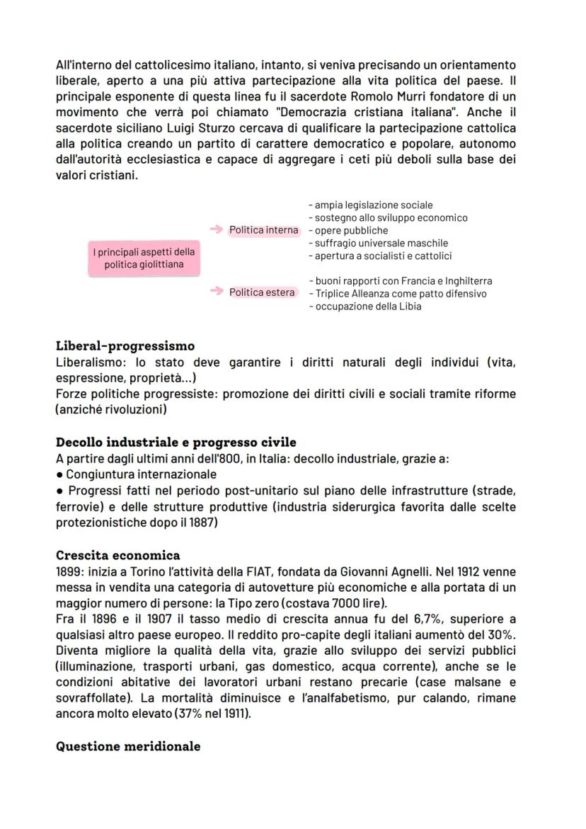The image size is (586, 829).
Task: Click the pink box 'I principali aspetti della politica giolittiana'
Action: tap(144, 258)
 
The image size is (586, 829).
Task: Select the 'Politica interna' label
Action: tap(263, 230)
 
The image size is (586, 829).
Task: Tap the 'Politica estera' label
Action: tap(262, 292)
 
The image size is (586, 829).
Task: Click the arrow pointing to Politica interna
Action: tap(216, 230)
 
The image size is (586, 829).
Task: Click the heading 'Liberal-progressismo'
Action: tap(125, 346)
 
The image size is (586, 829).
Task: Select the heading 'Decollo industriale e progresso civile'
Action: tap(176, 442)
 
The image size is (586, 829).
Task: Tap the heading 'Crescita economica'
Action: tap(117, 555)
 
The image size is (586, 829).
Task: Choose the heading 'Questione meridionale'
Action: tap(127, 746)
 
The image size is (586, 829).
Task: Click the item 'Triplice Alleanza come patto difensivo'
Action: tap(400, 293)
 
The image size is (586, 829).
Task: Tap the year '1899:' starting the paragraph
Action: tap(69, 571)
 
